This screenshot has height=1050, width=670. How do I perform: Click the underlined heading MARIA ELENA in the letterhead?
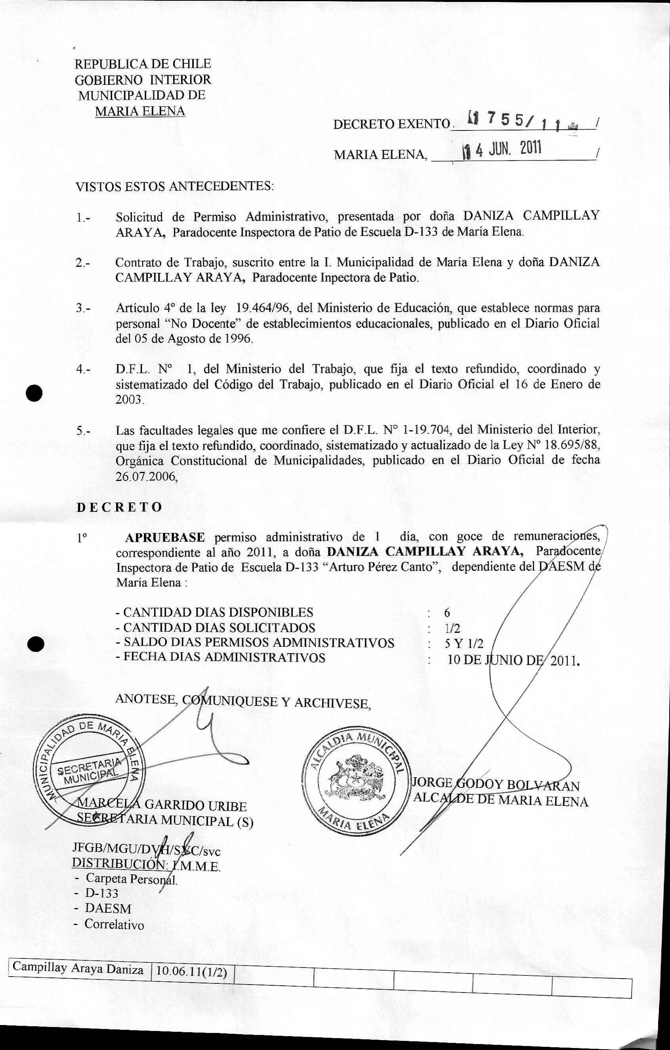pos(140,111)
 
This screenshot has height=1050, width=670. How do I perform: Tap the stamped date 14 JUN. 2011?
pos(501,151)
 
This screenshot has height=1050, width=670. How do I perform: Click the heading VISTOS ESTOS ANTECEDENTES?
pos(175,187)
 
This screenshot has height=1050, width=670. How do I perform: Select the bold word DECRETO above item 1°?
pos(119,507)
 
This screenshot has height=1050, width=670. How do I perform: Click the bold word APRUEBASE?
pos(165,537)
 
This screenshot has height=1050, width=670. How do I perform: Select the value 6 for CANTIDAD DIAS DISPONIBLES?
pos(447,612)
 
